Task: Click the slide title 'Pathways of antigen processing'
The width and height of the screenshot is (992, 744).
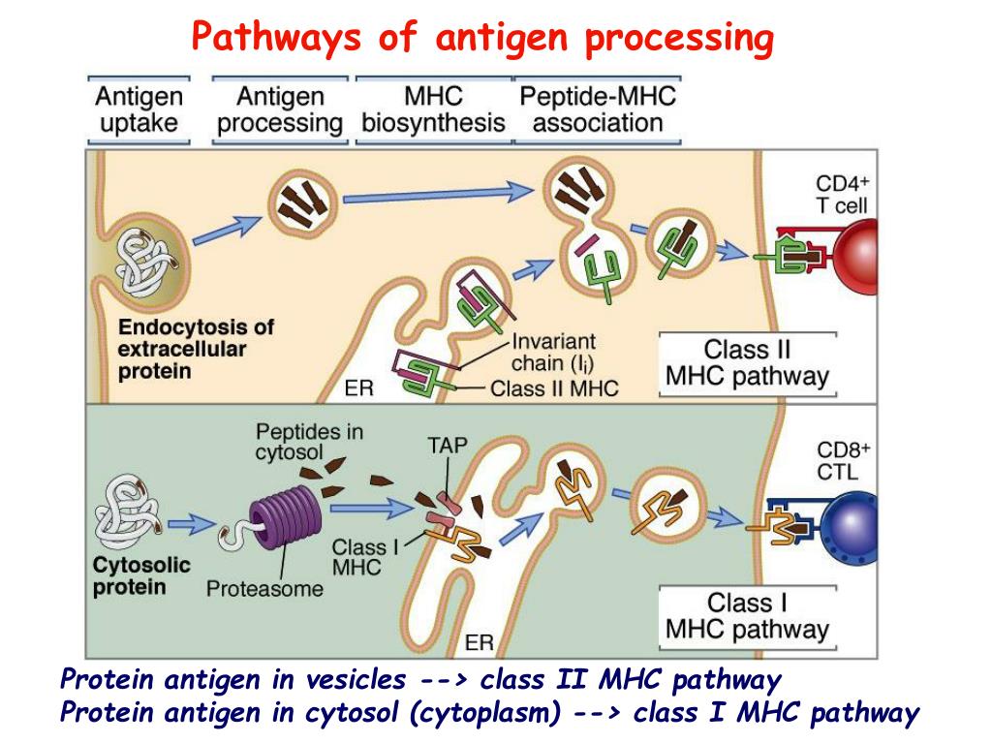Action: pos(482,38)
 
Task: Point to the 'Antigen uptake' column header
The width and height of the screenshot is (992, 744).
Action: pos(139,109)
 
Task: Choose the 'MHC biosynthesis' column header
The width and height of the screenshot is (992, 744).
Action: pos(433,109)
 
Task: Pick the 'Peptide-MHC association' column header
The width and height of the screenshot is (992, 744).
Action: pos(598,109)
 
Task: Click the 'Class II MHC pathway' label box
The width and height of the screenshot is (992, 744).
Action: pos(747,363)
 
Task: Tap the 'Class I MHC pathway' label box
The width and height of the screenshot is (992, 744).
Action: pos(747,617)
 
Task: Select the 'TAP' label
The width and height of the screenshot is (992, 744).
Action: pos(447,447)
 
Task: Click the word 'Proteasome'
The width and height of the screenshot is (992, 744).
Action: pos(264,588)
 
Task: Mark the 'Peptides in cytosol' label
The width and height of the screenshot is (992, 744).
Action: pos(309,442)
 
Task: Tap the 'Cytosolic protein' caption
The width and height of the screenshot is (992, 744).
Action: pos(141,575)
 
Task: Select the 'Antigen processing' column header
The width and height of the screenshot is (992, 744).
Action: pos(280,109)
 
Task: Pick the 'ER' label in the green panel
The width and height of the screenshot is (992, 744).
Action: pos(480,642)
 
